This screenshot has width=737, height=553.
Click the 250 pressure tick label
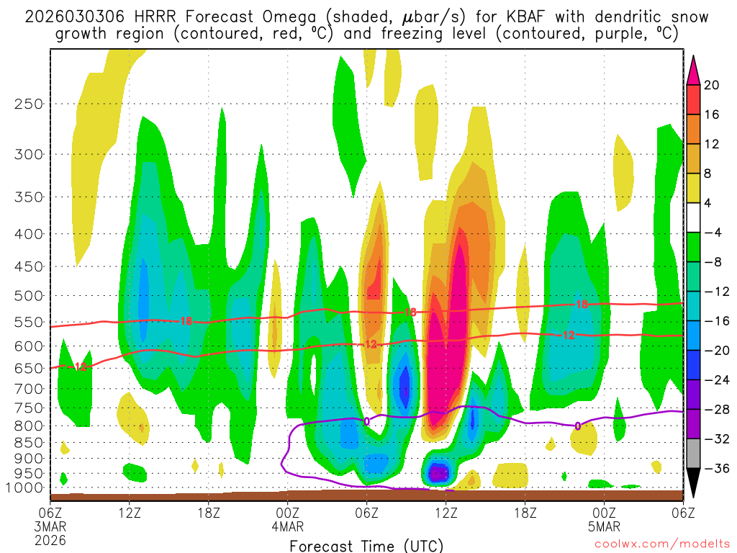coord(29,104)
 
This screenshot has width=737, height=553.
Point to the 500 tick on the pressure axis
coord(29,295)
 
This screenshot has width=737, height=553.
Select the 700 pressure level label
coord(29,389)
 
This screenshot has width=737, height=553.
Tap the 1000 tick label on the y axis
coord(25,488)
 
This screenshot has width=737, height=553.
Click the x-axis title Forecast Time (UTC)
coord(366,545)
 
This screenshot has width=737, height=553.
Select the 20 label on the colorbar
coord(712,85)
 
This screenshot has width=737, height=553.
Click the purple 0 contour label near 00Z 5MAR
coord(577,426)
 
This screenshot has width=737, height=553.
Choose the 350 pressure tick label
coord(29,197)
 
